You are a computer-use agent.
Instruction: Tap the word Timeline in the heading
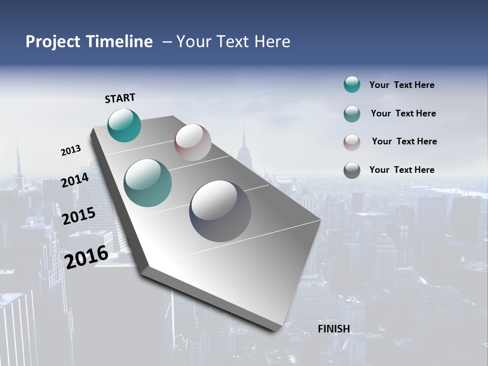pos(120,42)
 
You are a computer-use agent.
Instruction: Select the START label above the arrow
pos(120,98)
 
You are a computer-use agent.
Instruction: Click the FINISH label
pos(333,329)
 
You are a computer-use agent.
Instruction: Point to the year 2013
pos(71,150)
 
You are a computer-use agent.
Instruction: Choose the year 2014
pos(75,180)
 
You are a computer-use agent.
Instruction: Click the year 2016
pos(86,257)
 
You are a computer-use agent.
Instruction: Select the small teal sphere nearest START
pos(124,126)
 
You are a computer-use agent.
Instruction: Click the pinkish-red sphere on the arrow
pos(193,142)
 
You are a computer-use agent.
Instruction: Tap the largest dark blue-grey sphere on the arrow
pos(220,211)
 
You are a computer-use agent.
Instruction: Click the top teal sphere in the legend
pos(352,84)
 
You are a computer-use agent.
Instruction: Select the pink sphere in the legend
pos(352,142)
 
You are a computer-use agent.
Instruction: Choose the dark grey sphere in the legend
pos(352,170)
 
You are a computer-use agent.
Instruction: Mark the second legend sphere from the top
pos(352,113)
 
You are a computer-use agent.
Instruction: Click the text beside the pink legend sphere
pos(404,141)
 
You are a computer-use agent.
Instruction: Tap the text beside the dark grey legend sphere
pos(402,170)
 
